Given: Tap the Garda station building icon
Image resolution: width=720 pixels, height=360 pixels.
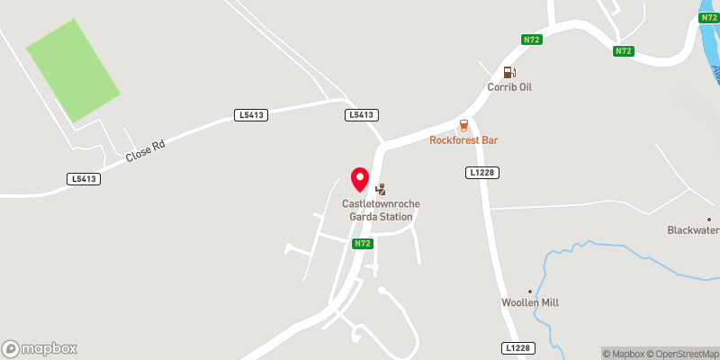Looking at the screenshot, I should tap(381, 189).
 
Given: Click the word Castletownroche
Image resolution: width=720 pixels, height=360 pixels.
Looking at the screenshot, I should tap(381, 203).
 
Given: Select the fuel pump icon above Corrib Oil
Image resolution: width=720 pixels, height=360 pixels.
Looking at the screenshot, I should tap(509, 72).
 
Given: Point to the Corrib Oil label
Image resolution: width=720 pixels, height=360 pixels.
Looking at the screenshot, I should tap(510, 86).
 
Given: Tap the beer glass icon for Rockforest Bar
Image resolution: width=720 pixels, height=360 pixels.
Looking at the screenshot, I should tap(463, 125).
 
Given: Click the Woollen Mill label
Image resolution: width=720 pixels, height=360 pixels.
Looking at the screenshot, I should tap(530, 302).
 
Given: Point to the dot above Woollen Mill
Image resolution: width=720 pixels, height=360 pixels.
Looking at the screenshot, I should tap(530, 291).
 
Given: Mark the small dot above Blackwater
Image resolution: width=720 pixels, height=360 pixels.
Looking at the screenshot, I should tap(709, 219).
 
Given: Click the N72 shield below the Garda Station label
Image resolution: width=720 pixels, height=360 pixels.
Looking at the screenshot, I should tap(362, 244).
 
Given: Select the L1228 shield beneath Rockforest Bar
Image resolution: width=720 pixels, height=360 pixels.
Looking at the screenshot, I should tap(482, 172).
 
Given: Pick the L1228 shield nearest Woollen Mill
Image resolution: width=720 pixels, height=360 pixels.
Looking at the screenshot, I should tap(518, 348).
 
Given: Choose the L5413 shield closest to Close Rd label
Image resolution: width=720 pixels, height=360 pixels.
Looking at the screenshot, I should tap(83, 179).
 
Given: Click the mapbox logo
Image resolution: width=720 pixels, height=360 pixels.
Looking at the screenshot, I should tap(40, 348).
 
